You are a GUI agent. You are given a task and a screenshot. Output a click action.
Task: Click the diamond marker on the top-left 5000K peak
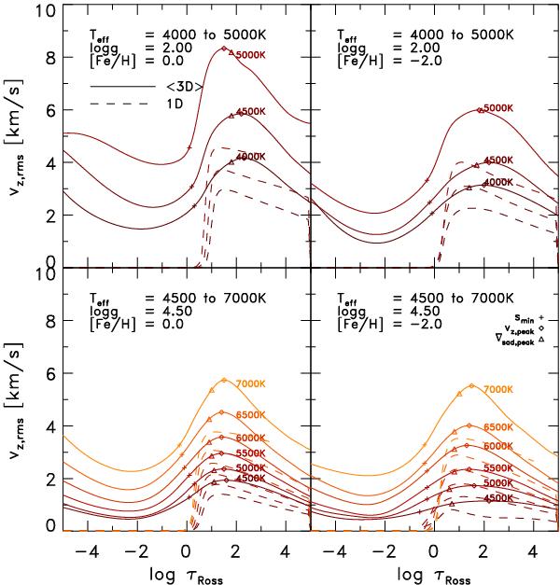coord(224,49)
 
